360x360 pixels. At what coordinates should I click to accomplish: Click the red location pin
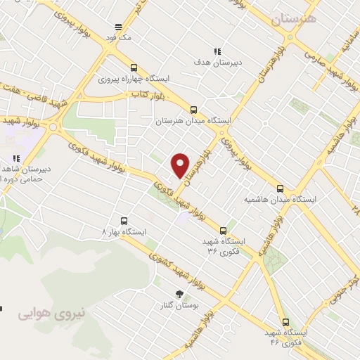(181, 165)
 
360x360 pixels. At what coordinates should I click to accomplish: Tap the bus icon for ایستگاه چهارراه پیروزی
(134, 67)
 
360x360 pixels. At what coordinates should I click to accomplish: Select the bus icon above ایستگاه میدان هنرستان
(193, 109)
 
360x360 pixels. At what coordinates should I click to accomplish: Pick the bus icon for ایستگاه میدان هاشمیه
(281, 188)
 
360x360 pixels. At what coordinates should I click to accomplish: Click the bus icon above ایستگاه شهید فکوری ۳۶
(224, 231)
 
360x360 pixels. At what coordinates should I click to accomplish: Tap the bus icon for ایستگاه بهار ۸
(124, 220)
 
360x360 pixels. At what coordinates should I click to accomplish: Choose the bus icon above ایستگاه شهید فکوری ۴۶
(285, 321)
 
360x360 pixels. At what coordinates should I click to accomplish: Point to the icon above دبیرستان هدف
(217, 51)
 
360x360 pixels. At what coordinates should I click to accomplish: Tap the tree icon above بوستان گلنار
(178, 295)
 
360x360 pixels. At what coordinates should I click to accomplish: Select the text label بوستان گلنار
(178, 307)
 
